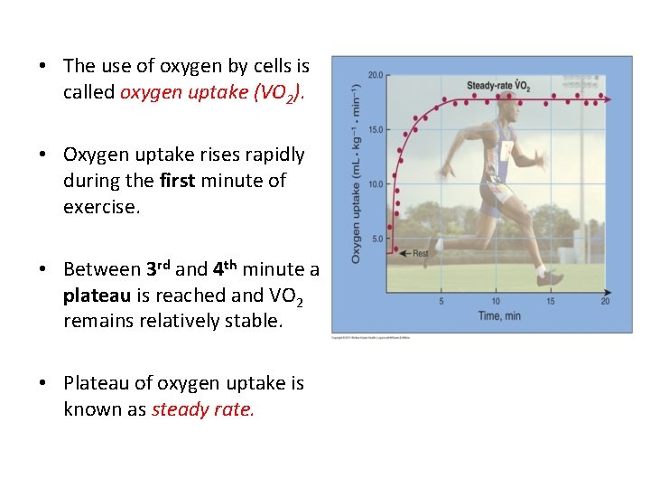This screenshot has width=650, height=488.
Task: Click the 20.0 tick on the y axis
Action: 376,74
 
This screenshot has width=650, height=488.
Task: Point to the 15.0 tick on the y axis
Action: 376,129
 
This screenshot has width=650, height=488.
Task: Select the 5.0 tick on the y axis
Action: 378,239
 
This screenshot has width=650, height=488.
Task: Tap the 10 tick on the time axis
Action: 496,301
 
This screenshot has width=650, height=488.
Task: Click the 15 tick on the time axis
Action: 551,301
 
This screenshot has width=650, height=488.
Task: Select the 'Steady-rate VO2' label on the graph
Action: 497,86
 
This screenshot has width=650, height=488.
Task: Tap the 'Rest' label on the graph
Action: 420,254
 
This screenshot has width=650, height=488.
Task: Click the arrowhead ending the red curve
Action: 606,99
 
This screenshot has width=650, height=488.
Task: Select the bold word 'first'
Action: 177,181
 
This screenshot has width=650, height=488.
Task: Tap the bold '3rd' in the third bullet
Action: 158,268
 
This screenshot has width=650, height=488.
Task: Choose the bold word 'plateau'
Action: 95,296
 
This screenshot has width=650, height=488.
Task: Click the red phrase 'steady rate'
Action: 203,409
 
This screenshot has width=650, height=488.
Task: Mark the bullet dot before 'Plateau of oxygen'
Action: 42,384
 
